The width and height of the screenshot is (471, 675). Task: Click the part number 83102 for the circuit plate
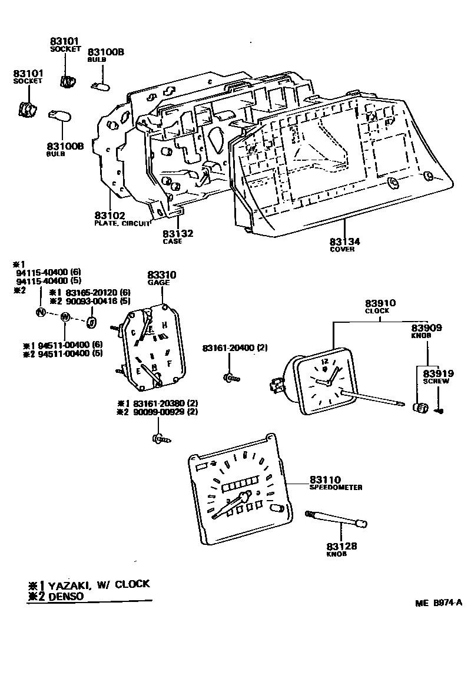[110, 216]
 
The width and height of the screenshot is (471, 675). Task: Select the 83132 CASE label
[178, 234]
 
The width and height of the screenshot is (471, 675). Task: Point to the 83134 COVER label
[345, 242]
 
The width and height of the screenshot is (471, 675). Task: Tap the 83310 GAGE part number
[162, 275]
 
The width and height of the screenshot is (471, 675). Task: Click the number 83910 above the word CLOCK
[380, 303]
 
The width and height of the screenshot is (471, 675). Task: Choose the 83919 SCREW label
[436, 373]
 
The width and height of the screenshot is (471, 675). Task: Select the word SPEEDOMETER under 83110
[336, 488]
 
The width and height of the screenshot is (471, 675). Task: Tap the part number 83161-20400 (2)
[235, 348]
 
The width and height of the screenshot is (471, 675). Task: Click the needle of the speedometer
[230, 505]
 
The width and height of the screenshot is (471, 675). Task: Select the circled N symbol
[40, 312]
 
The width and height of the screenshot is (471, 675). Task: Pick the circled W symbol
[65, 317]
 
